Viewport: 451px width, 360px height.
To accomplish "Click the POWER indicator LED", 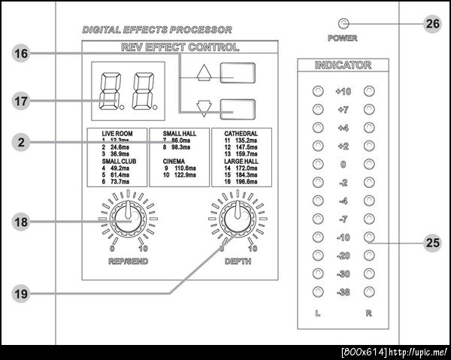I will coord(344,23).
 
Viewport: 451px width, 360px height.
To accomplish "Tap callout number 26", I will coord(433,24).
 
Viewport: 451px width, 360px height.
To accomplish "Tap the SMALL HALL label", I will coord(177,133).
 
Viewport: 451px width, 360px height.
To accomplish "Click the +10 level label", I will coord(344,92).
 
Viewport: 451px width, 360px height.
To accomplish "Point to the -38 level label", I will coord(344,292).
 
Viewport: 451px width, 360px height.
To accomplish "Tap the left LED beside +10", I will coord(317,92).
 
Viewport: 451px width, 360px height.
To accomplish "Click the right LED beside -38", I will coord(369,292).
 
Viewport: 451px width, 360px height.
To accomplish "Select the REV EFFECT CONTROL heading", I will coord(180,47).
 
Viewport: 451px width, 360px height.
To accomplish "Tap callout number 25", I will coord(433,242).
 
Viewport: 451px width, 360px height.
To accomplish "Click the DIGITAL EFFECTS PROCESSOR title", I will coord(157,30).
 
